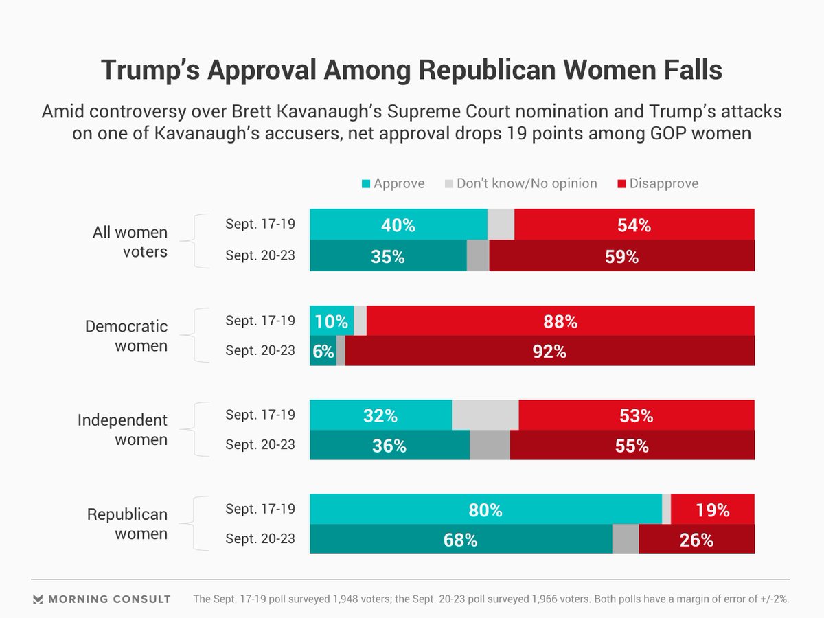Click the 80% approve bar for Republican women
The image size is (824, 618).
pos(485,510)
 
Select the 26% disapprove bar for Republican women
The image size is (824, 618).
pos(696,540)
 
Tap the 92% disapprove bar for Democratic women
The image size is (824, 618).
pos(549,351)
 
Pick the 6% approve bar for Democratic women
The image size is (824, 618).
pos(323,351)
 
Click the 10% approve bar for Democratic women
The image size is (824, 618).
pos(332,321)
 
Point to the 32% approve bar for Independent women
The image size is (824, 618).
pos(381,415)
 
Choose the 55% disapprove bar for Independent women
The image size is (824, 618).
pos(632,445)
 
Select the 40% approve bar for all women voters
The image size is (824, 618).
pos(398,225)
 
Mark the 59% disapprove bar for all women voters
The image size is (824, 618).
pos(621,256)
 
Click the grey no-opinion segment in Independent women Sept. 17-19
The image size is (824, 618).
pos(485,415)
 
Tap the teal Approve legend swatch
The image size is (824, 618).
pos(366,183)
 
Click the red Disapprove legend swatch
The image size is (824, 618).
pos(622,183)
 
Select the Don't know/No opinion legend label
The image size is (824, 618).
pos(527,183)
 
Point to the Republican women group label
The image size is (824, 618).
pos(127,524)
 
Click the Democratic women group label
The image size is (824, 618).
pos(126,336)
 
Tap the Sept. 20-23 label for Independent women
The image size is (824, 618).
pos(260,445)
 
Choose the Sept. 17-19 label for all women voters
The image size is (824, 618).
pos(260,225)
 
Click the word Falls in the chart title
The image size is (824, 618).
pos(683,71)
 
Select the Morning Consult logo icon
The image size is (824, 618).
pos(38,599)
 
